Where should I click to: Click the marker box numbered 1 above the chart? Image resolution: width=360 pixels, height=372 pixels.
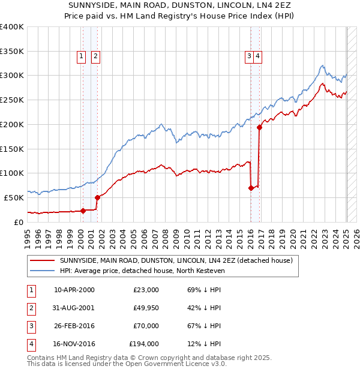[81, 56]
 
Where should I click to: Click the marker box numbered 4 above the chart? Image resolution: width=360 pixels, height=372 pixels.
[257, 56]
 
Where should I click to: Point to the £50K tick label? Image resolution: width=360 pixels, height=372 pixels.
[14, 197]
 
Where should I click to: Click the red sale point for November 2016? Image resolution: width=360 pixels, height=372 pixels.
[259, 127]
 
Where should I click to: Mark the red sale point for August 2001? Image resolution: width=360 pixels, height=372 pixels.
[97, 197]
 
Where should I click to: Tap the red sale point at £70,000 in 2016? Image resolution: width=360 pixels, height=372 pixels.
[251, 188]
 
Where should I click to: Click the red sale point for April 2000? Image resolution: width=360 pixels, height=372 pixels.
[83, 211]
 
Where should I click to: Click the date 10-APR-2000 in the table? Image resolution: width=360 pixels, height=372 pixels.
[74, 290]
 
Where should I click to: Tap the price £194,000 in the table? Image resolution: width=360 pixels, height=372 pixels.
[144, 344]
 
